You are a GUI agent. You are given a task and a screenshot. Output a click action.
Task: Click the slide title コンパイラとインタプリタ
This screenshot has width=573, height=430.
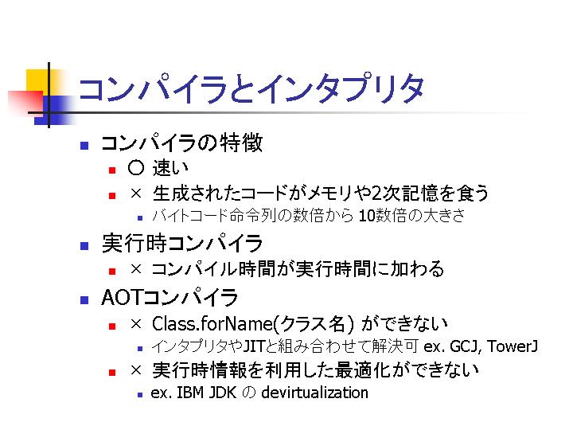click(251, 88)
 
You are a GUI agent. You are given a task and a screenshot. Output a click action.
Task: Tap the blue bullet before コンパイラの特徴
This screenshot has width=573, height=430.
click(84, 146)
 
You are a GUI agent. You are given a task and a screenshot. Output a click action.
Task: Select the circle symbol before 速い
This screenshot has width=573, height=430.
click(136, 168)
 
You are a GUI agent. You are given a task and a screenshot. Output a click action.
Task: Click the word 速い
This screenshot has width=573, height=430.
click(170, 168)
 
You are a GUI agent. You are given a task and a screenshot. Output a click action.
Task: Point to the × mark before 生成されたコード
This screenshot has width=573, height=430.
click(136, 193)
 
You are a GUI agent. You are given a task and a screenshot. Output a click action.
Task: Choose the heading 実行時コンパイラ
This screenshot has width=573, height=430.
click(182, 243)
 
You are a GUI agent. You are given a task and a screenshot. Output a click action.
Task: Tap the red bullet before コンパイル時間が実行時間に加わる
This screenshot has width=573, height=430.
click(112, 271)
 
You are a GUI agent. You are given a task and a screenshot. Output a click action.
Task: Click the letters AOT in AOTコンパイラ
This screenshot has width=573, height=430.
click(121, 297)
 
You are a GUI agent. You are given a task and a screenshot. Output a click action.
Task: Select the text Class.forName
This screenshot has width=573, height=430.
click(212, 323)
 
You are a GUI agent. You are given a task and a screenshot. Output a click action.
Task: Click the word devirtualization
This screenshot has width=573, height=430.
click(314, 393)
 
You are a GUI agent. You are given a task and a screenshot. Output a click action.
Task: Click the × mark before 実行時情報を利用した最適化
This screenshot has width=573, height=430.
click(136, 370)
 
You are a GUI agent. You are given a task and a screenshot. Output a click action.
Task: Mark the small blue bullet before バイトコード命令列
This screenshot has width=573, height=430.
click(139, 218)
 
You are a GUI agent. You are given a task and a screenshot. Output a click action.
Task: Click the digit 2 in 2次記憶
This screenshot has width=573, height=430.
click(376, 193)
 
